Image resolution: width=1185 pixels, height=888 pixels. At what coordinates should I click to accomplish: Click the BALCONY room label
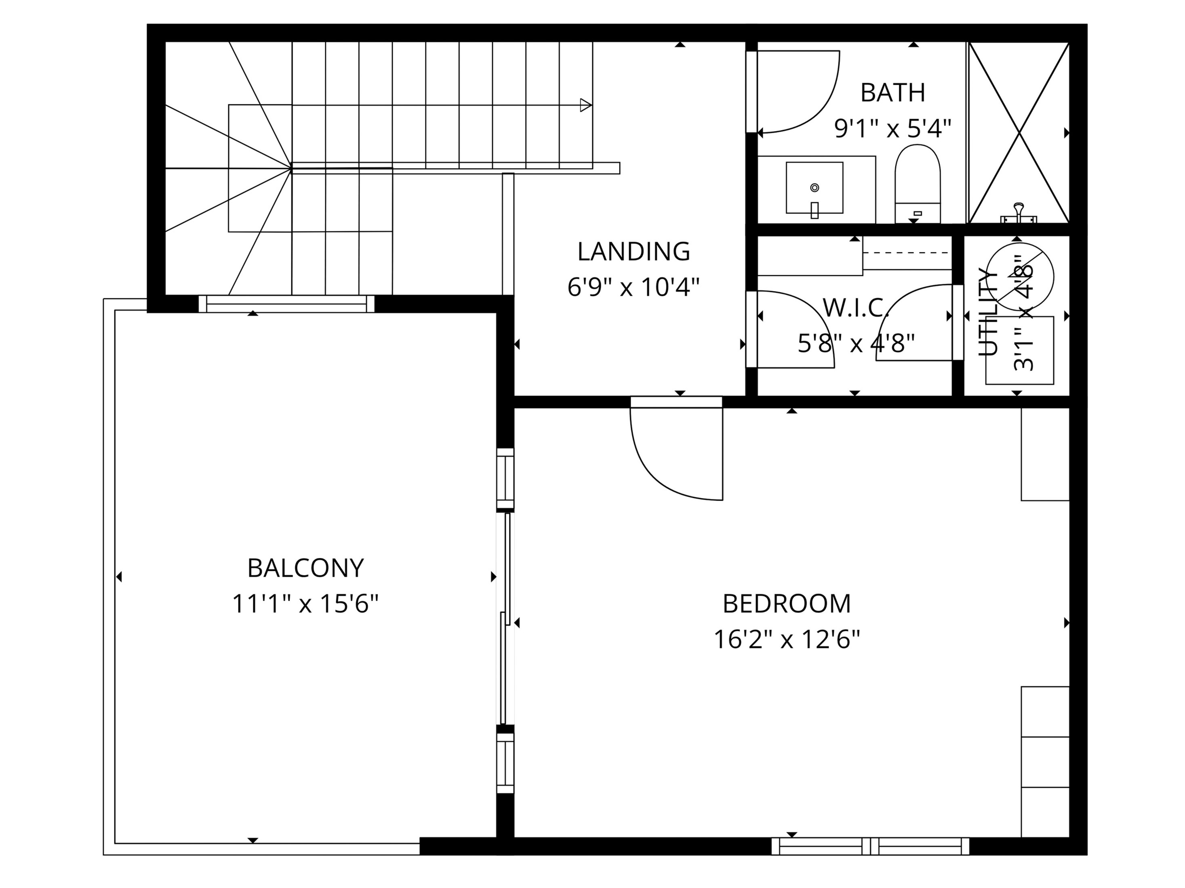(305, 568)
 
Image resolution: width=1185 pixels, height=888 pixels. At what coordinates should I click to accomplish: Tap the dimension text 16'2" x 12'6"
(786, 639)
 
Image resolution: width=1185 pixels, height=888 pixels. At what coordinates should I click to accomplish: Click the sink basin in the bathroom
(814, 187)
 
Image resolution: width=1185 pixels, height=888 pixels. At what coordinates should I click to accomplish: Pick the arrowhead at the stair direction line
(585, 105)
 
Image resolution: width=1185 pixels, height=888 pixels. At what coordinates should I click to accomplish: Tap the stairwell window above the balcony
(286, 304)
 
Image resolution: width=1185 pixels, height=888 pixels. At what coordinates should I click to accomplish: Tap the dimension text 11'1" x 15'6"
(305, 604)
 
